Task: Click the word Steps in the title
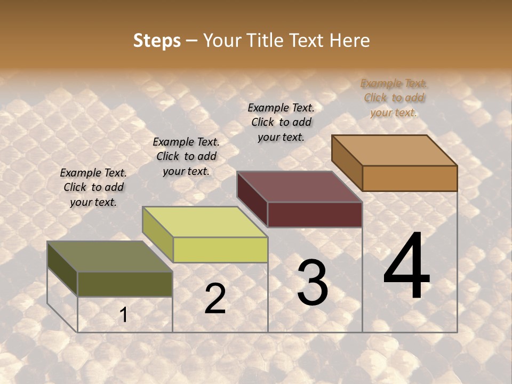[157, 41]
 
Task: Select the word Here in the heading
[349, 41]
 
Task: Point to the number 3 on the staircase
[313, 283]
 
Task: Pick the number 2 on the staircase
[215, 299]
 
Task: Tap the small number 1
[124, 315]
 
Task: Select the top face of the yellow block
[204, 222]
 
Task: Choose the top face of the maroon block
[299, 187]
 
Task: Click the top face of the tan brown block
[394, 150]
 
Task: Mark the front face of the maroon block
[315, 214]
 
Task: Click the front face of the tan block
[410, 178]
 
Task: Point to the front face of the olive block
[125, 284]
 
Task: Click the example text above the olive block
[93, 187]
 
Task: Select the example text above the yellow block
[186, 156]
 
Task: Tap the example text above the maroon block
[281, 122]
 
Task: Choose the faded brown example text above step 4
[394, 98]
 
